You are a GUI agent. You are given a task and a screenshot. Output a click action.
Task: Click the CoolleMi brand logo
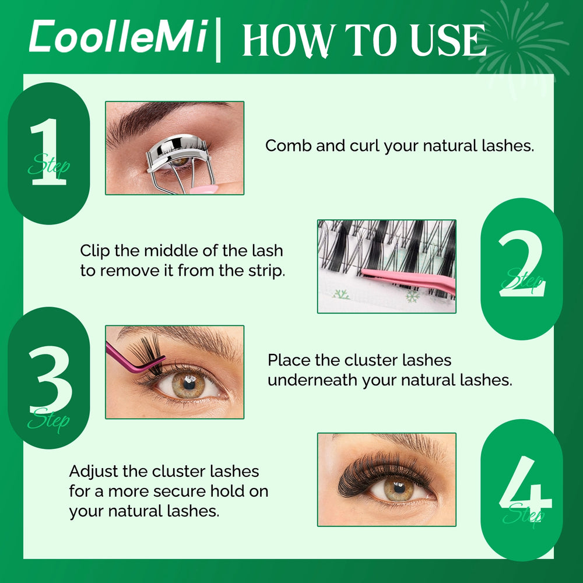tap(118, 36)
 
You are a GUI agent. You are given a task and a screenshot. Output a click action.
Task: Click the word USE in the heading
tap(448, 40)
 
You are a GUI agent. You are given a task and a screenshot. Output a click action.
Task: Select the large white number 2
tap(521, 264)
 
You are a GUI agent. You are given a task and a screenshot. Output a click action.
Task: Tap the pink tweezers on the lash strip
tap(408, 280)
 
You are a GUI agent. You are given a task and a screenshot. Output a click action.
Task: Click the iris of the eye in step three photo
tap(189, 384)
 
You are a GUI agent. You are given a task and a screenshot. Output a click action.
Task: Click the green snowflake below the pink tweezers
tap(412, 296)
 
